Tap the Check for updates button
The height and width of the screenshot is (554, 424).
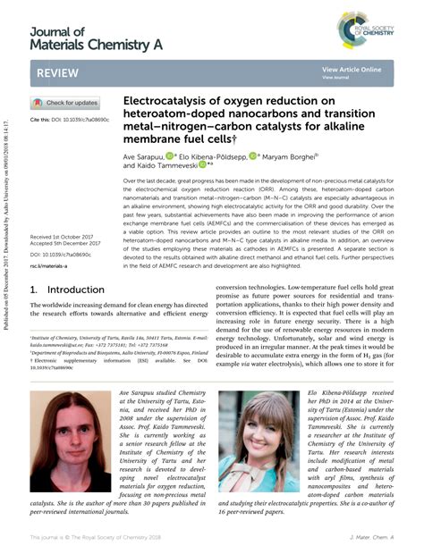(x=67, y=103)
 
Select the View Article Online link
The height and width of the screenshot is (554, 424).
(x=352, y=69)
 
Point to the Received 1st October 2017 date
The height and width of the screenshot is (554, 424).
(x=68, y=238)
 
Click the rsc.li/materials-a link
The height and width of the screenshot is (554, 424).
(x=51, y=266)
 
